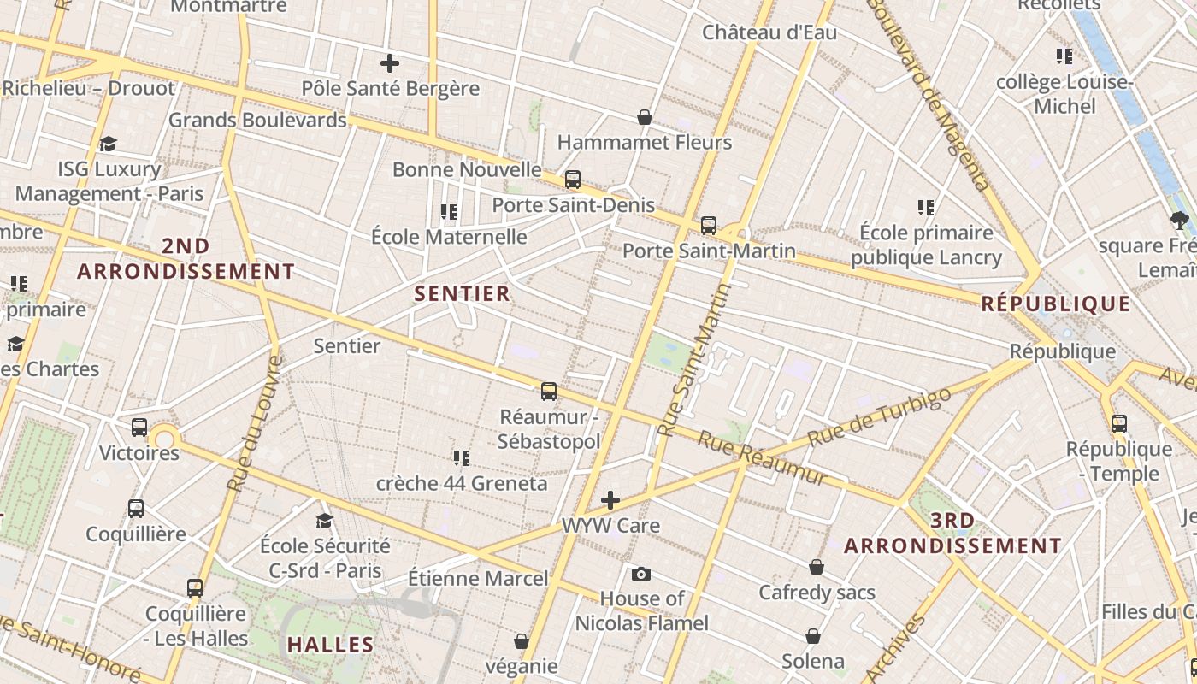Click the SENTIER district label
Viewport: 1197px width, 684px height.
point(462,293)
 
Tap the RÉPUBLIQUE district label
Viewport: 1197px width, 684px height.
point(1056,304)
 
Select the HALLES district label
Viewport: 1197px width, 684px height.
point(330,645)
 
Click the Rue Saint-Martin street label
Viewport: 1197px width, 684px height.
point(696,360)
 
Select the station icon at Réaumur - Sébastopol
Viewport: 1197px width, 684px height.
point(549,392)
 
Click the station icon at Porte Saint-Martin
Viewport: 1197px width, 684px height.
point(709,226)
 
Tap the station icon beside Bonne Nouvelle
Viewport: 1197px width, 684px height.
point(573,180)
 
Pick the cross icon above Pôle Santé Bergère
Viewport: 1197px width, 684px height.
point(390,63)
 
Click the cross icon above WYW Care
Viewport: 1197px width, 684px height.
point(610,500)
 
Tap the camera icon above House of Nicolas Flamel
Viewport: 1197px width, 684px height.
point(641,574)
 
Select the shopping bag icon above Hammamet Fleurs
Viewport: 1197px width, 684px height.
point(645,117)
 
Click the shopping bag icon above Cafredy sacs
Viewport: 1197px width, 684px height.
point(817,567)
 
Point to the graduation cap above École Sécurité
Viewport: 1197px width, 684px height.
point(324,521)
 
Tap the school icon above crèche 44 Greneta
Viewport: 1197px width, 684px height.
point(462,458)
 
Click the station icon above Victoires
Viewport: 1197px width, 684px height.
point(139,427)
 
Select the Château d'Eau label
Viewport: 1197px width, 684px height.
point(769,32)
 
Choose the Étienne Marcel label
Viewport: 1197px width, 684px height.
point(478,579)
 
